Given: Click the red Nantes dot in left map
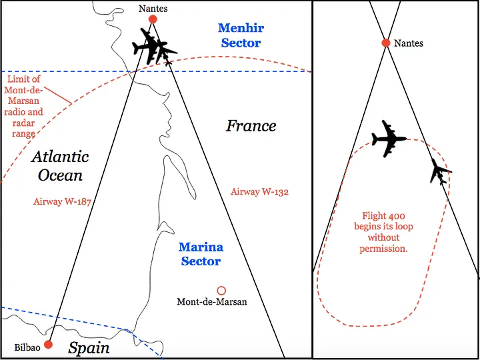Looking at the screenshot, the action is click(x=153, y=19).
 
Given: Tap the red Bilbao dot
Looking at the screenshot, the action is click(x=48, y=344).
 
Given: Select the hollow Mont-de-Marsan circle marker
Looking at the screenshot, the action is click(x=221, y=291).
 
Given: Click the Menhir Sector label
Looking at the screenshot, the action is click(x=240, y=35).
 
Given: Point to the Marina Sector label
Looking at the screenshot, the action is click(x=201, y=254).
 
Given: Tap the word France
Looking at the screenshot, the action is click(x=251, y=125).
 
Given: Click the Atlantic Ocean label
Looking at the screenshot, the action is click(x=60, y=166).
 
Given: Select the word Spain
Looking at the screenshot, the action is click(x=89, y=348).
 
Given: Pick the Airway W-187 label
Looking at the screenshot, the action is click(x=62, y=201).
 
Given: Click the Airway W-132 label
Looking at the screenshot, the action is click(x=259, y=192).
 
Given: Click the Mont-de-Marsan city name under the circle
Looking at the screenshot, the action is click(x=211, y=302).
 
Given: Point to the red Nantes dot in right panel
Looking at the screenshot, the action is click(x=385, y=43).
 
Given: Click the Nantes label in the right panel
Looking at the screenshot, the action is click(x=409, y=43).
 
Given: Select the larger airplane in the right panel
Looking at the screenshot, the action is click(x=389, y=139).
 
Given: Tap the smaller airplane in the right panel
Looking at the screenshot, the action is click(x=439, y=171).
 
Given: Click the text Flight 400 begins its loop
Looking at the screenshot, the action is click(x=387, y=232).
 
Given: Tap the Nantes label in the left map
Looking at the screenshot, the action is click(x=153, y=9).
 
